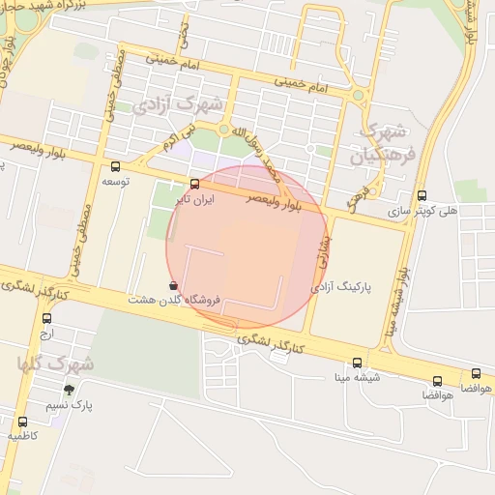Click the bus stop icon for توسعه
pos(116,166)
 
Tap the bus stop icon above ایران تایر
pos(195,184)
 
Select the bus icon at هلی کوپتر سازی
pos(421,194)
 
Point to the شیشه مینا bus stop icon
pos(357,363)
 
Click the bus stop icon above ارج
pos(46,318)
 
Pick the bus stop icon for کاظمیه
pos(22,422)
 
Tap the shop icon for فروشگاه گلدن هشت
pos(173,286)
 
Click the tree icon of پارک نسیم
pos(68,390)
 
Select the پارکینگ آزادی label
pos(344,287)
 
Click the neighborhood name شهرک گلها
pos(56,364)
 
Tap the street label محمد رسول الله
pos(261,153)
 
